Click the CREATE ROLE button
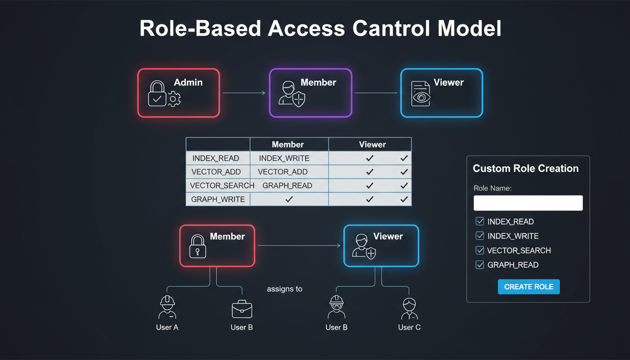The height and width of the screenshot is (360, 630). [x=528, y=287]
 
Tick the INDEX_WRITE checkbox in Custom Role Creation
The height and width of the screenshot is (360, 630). [x=480, y=236]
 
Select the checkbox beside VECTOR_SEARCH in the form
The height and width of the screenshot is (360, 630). [x=480, y=250]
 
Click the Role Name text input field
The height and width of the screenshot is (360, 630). [x=528, y=203]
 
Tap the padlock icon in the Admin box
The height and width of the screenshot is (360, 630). [x=157, y=94]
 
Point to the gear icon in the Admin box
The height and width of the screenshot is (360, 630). [x=174, y=99]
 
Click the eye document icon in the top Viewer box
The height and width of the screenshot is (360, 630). [x=420, y=94]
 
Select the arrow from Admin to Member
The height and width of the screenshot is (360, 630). [x=244, y=93]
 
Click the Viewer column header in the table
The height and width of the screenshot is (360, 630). [x=372, y=144]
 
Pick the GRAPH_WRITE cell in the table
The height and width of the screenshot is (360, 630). [x=218, y=199]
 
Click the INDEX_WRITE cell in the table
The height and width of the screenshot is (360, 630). [x=284, y=158]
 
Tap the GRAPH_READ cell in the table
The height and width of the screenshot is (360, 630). [x=287, y=186]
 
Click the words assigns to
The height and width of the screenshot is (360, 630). [x=285, y=289]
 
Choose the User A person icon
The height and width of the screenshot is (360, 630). [x=167, y=307]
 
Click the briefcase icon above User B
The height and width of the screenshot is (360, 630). [x=242, y=309]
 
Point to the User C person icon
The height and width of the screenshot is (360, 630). [x=409, y=308]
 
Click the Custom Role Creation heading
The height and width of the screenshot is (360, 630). [x=525, y=169]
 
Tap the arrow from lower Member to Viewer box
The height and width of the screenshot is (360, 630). [x=299, y=246]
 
